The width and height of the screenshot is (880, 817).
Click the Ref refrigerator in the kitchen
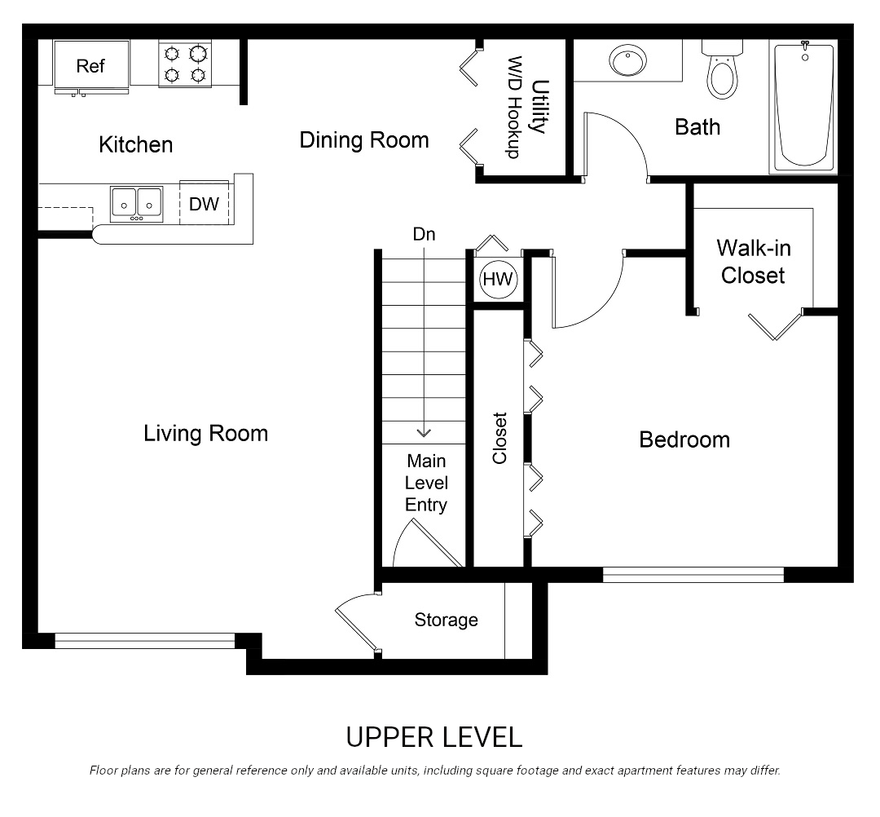(x=90, y=66)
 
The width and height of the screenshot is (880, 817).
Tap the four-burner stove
(x=185, y=64)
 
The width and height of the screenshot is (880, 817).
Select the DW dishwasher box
(x=204, y=204)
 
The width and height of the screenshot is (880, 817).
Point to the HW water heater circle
(x=498, y=280)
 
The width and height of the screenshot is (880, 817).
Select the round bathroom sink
(x=627, y=61)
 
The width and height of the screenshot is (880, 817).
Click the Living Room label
(x=205, y=433)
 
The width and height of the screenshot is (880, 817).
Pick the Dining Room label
(x=364, y=139)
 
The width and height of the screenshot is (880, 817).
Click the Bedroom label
(x=684, y=440)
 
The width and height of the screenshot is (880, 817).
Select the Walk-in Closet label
(x=753, y=261)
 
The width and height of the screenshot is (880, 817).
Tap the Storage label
(x=446, y=620)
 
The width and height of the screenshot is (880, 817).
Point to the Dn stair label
(x=424, y=235)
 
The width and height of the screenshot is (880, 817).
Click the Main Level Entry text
(x=426, y=483)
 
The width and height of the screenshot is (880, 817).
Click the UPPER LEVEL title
(x=433, y=737)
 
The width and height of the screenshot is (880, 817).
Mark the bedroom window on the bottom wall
(x=693, y=575)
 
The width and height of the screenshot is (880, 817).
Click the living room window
(x=144, y=641)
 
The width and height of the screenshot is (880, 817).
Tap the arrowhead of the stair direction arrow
(x=424, y=433)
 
